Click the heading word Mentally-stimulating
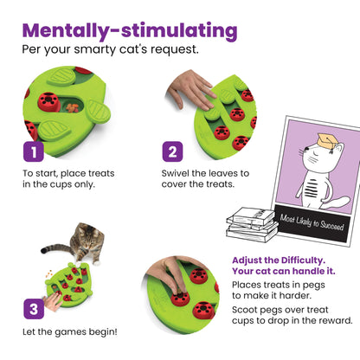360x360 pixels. tap(129, 30)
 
